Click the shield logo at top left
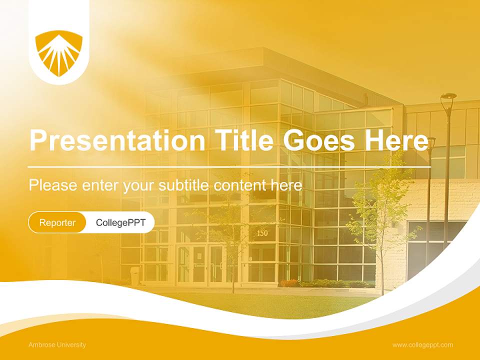click(x=59, y=53)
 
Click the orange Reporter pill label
click(x=57, y=222)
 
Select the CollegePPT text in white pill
click(x=120, y=222)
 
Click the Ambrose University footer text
click(x=57, y=345)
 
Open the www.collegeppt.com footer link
click(x=422, y=345)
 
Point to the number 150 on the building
click(x=262, y=233)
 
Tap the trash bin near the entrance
click(x=135, y=275)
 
